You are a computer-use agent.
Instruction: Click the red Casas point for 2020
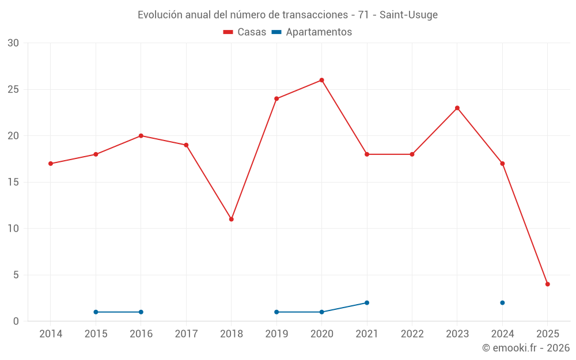pyautogui.click(x=321, y=80)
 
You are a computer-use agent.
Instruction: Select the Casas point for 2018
pyautogui.click(x=231, y=219)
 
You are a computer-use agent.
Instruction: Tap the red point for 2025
pyautogui.click(x=547, y=284)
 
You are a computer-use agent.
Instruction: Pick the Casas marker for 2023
pyautogui.click(x=457, y=108)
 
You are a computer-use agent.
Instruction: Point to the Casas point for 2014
pyautogui.click(x=51, y=164)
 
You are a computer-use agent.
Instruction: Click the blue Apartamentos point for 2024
pyautogui.click(x=502, y=302)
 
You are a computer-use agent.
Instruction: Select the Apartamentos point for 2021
pyautogui.click(x=367, y=302)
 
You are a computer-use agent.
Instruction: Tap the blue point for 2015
pyautogui.click(x=96, y=312)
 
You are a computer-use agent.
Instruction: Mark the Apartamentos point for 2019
pyautogui.click(x=276, y=312)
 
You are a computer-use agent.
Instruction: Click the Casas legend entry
pyautogui.click(x=245, y=32)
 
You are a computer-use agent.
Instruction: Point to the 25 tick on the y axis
pyautogui.click(x=13, y=89)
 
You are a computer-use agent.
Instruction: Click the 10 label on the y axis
pyautogui.click(x=13, y=228)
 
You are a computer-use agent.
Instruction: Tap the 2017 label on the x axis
pyautogui.click(x=186, y=334)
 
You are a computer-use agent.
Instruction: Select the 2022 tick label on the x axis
pyautogui.click(x=412, y=334)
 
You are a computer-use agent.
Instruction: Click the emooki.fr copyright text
pyautogui.click(x=525, y=348)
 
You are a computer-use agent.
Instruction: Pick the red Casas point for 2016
pyautogui.click(x=141, y=136)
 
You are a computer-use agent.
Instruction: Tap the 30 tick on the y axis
pyautogui.click(x=13, y=43)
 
